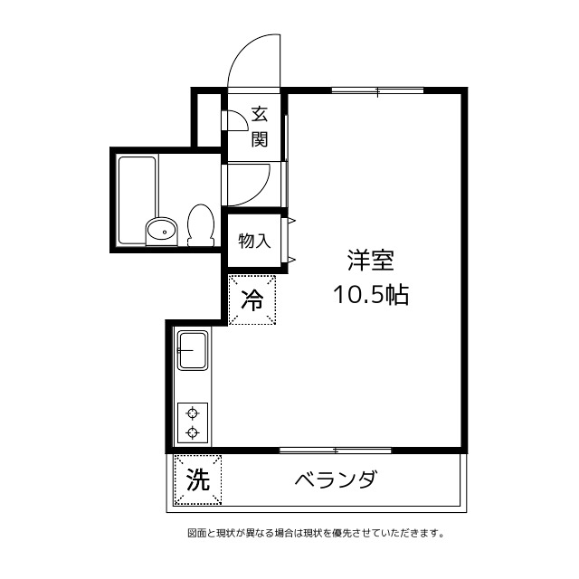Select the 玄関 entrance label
click(x=260, y=127)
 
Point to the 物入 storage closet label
click(x=254, y=241)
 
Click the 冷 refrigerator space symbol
click(x=252, y=299)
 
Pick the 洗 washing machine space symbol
click(x=196, y=480)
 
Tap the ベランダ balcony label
click(x=335, y=480)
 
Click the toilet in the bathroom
click(x=200, y=224)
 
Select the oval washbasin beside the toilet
click(x=161, y=230)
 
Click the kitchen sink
click(x=193, y=351)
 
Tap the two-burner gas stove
click(x=193, y=422)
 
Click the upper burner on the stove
click(x=193, y=413)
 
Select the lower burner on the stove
click(x=193, y=432)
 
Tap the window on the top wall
click(x=377, y=90)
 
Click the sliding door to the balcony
click(x=335, y=450)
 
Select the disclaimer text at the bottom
click(x=316, y=533)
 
